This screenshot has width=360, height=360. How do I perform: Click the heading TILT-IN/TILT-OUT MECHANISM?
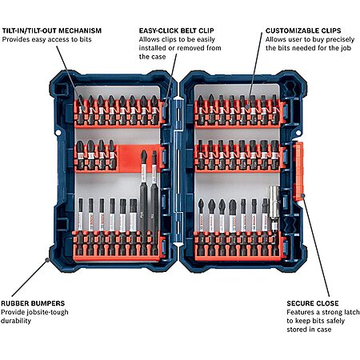[52, 30]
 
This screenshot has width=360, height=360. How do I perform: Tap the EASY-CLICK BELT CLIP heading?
[177, 30]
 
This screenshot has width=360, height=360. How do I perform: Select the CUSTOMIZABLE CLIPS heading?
[303, 30]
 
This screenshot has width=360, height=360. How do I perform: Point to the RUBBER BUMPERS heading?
[33, 303]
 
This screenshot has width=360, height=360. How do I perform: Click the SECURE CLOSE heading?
[313, 303]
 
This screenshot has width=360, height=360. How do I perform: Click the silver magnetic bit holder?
[274, 206]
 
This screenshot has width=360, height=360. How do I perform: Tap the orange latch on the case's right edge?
[298, 171]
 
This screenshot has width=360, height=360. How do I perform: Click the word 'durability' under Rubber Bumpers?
[16, 321]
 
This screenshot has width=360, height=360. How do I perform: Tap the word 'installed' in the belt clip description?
[152, 48]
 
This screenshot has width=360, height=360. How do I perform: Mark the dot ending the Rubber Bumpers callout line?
[47, 259]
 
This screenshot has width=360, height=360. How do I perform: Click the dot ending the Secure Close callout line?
[302, 195]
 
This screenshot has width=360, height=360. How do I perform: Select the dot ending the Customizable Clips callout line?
[248, 106]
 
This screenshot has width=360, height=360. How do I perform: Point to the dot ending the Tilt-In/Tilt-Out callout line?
[82, 108]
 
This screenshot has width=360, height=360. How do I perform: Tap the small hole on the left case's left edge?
[58, 132]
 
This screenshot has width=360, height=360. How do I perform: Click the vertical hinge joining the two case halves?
[178, 170]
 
